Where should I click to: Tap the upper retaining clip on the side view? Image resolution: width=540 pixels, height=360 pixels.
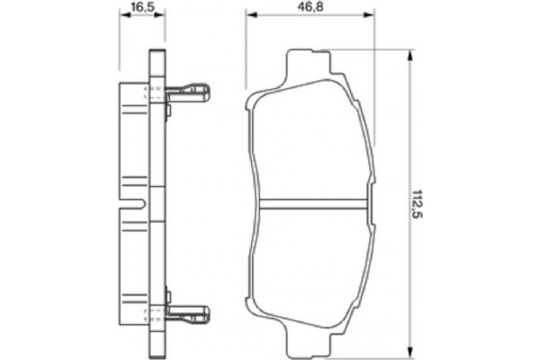tap(186, 91)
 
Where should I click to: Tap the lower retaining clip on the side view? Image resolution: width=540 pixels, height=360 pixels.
tap(186, 315)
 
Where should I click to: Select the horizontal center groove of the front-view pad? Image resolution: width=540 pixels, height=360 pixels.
tap(310, 202)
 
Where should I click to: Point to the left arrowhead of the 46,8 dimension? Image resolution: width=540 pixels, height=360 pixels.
tap(249, 15)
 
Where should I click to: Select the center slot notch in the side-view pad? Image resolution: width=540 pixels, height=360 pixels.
tap(135, 203)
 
